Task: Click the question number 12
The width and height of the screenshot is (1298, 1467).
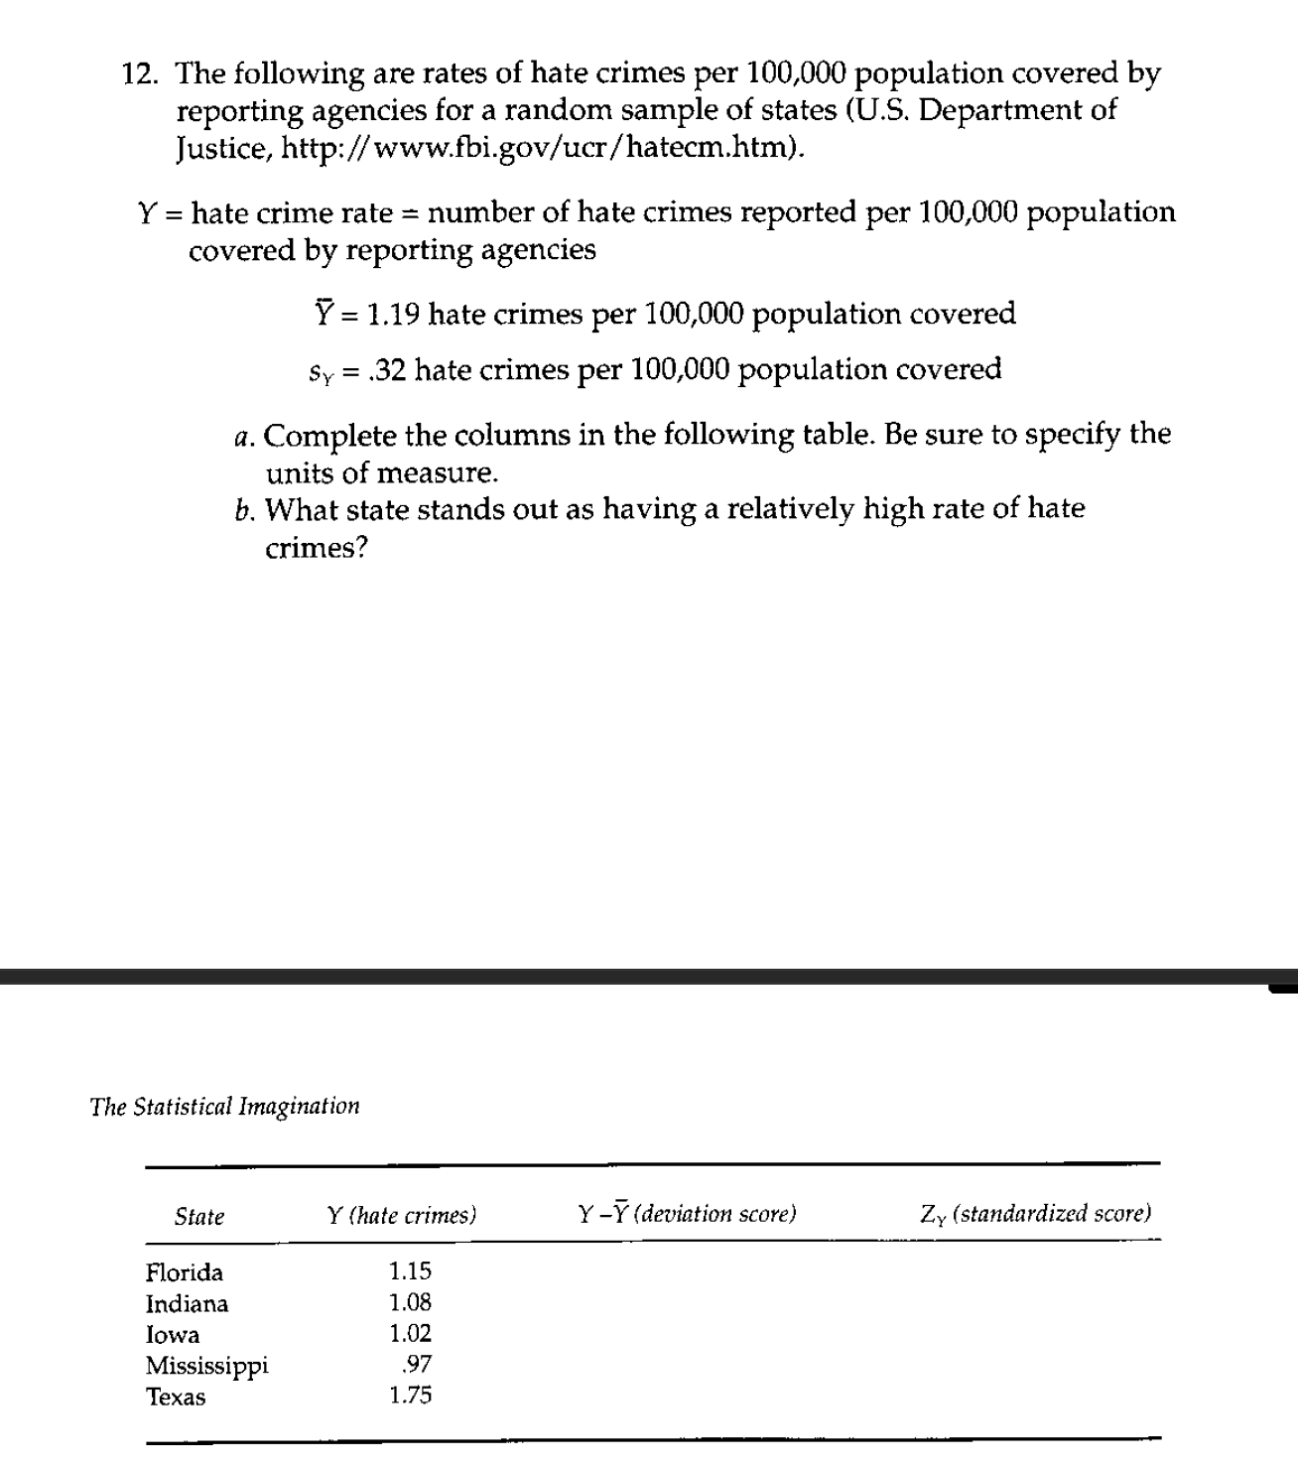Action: pyautogui.click(x=141, y=74)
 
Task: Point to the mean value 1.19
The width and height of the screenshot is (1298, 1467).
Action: pyautogui.click(x=393, y=315)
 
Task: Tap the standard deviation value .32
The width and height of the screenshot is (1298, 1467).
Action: pyautogui.click(x=384, y=370)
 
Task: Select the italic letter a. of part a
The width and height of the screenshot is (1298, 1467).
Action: pyautogui.click(x=246, y=437)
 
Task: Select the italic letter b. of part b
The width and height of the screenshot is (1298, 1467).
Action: pyautogui.click(x=246, y=510)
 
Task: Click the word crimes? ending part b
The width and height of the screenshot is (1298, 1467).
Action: pyautogui.click(x=316, y=548)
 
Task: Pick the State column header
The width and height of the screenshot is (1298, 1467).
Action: pyautogui.click(x=199, y=1216)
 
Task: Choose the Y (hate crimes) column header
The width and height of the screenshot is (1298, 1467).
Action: pyautogui.click(x=401, y=1215)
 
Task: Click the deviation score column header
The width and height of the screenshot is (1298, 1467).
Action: pyautogui.click(x=687, y=1214)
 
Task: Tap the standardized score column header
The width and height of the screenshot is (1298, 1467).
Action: pyautogui.click(x=1035, y=1213)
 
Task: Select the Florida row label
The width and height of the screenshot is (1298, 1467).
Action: pyautogui.click(x=185, y=1272)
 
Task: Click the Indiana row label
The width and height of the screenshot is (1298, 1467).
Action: pyautogui.click(x=187, y=1303)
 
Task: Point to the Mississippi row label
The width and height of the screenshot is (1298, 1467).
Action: pyautogui.click(x=206, y=1366)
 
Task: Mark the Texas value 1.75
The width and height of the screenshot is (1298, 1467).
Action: pyautogui.click(x=410, y=1396)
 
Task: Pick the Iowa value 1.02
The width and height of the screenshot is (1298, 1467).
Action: pyautogui.click(x=410, y=1333)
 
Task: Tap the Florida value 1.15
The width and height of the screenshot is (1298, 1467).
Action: pyautogui.click(x=410, y=1271)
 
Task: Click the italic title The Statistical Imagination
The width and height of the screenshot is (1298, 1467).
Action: pyautogui.click(x=224, y=1107)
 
